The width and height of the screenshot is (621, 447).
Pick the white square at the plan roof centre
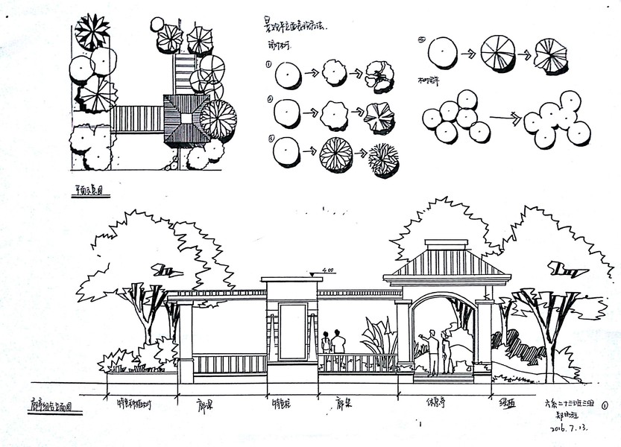[x=180, y=117]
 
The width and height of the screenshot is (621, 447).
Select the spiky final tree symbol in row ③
[x=383, y=159]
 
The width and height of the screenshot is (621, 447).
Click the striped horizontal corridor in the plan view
[x=137, y=118]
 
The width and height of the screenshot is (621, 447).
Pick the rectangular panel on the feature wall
[x=293, y=331]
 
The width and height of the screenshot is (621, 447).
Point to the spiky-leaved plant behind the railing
[x=376, y=339]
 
